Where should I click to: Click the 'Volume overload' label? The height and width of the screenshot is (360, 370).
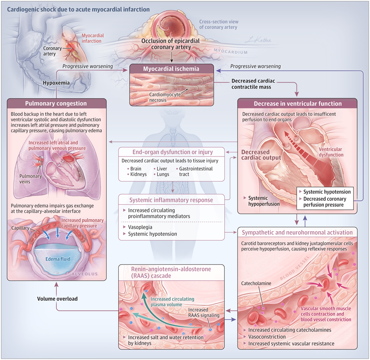(x=57, y=299)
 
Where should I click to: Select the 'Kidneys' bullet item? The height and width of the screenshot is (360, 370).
(x=137, y=174)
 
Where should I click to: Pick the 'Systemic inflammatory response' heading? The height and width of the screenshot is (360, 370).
(x=171, y=200)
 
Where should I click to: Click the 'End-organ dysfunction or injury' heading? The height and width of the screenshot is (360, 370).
(x=172, y=151)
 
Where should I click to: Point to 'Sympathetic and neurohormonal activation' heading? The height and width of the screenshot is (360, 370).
(x=297, y=233)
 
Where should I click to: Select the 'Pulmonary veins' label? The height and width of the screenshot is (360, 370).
(x=31, y=178)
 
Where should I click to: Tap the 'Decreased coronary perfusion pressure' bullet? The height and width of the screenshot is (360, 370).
(x=325, y=202)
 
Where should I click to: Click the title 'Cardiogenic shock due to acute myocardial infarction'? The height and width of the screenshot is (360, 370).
(x=78, y=9)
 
